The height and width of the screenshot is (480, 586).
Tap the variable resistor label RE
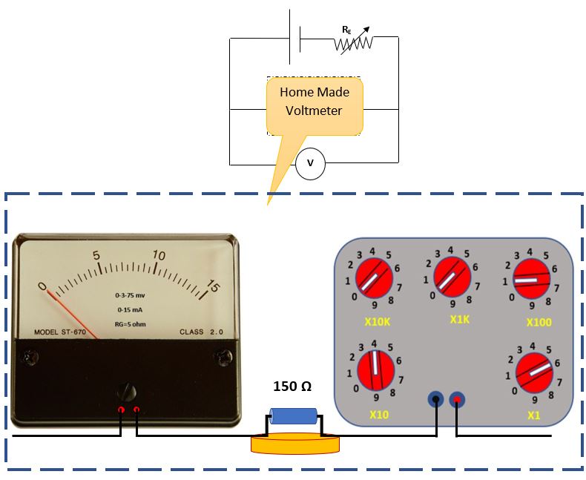pyautogui.click(x=346, y=30)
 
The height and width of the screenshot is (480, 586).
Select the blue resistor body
pyautogui.click(x=293, y=416)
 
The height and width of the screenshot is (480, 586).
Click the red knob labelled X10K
pyautogui.click(x=375, y=277)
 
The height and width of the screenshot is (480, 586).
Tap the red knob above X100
pyautogui.click(x=530, y=278)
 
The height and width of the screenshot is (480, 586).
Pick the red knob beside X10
pyautogui.click(x=375, y=369)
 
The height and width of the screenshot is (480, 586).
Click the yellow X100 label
pyautogui.click(x=539, y=323)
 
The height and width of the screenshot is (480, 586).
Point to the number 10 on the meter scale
pyautogui.click(x=158, y=256)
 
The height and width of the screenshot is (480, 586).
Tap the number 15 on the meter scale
pyautogui.click(x=213, y=287)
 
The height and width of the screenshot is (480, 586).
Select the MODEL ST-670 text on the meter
pyautogui.click(x=60, y=332)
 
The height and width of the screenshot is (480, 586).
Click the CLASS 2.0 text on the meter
pyautogui.click(x=200, y=332)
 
